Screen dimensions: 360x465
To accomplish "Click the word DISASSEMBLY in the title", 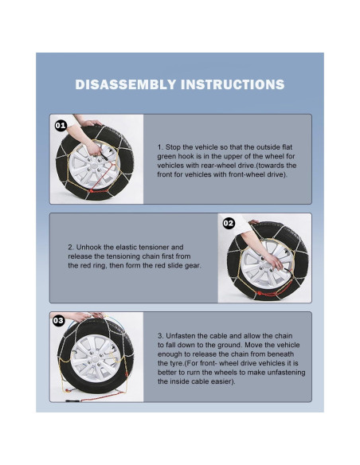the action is point(126,84).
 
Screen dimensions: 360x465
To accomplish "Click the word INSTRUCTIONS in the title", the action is point(233,84).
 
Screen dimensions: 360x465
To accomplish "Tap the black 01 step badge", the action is point(61,126).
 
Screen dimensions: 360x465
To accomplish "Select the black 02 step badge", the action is point(229,223).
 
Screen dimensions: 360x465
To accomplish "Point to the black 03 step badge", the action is point(58,321).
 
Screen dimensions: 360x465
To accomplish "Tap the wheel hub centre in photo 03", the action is point(96,358).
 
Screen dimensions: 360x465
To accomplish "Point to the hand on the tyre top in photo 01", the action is point(91,123).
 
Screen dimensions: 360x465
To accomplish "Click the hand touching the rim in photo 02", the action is point(274,261).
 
